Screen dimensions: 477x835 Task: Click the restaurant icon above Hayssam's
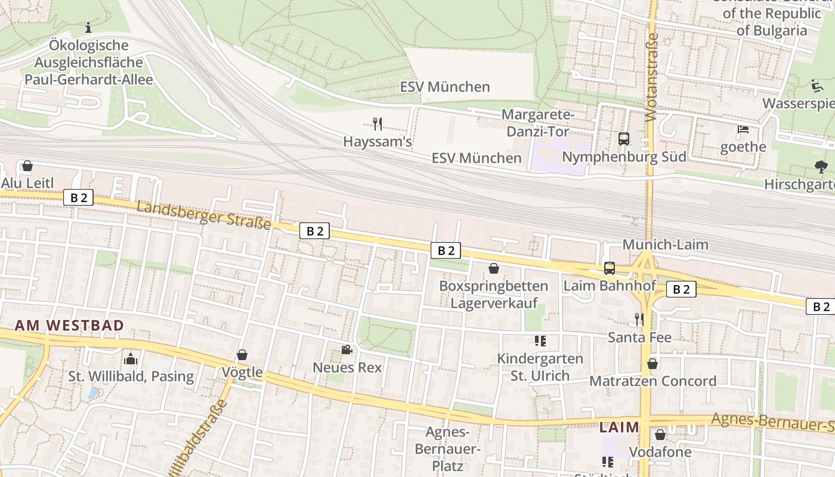pos(377,124)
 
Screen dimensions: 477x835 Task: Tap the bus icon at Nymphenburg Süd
pos(624,139)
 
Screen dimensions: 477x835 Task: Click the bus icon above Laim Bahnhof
pos(609,268)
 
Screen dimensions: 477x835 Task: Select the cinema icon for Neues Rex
pos(347,349)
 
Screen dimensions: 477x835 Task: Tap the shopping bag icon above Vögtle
pos(242,355)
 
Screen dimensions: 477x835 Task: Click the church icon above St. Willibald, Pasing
pos(131,358)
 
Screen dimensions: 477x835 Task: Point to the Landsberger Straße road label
pos(203,216)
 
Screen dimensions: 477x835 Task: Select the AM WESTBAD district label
pos(69,326)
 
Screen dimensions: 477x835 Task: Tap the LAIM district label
pos(619,428)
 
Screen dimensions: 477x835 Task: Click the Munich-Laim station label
pos(665,244)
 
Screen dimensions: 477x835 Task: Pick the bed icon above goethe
pos(743,129)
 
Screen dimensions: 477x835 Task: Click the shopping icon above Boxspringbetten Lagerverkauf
pos(493,268)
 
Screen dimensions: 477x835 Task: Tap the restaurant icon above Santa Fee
pos(639,320)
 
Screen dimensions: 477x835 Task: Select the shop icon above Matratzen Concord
pos(652,363)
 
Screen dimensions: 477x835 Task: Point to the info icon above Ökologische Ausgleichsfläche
pos(88,27)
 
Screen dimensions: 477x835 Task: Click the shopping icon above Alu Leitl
pos(27,165)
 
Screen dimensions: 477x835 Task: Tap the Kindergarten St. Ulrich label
pos(540,367)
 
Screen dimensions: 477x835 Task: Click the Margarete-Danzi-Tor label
pos(538,122)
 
